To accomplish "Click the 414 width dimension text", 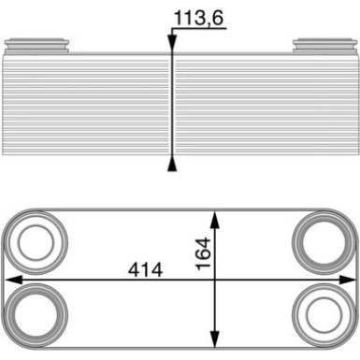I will [x=145, y=269].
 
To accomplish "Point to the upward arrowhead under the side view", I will [x=172, y=165].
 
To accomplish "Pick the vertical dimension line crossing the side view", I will [x=172, y=103].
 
